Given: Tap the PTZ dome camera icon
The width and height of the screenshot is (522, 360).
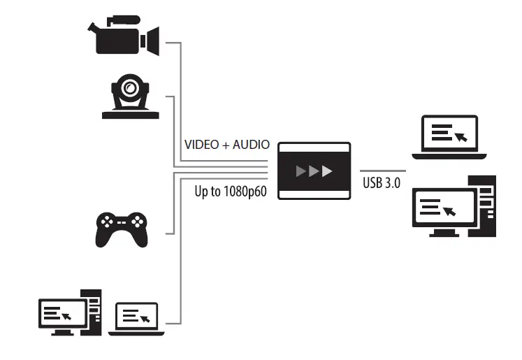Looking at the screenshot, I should (x=129, y=97).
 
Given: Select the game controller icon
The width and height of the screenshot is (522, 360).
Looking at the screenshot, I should (x=122, y=228).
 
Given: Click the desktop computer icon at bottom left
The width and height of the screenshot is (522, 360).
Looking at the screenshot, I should (x=70, y=310).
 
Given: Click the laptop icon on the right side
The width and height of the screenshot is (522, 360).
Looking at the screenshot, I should (x=449, y=134).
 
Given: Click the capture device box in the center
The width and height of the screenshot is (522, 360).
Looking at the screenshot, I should (x=313, y=171).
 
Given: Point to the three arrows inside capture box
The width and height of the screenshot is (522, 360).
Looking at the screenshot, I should (x=313, y=171).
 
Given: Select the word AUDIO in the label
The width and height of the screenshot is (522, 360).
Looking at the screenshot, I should (x=249, y=145).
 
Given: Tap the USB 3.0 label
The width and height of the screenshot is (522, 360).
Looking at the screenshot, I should (x=382, y=185).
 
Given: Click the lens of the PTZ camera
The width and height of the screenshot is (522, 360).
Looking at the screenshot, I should (x=129, y=89).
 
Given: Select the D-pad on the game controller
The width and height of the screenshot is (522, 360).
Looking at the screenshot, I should (x=107, y=222).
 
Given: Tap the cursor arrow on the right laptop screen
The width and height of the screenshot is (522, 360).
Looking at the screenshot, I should (x=461, y=136).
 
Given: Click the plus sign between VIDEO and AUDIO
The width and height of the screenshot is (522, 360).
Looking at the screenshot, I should (x=226, y=145).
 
